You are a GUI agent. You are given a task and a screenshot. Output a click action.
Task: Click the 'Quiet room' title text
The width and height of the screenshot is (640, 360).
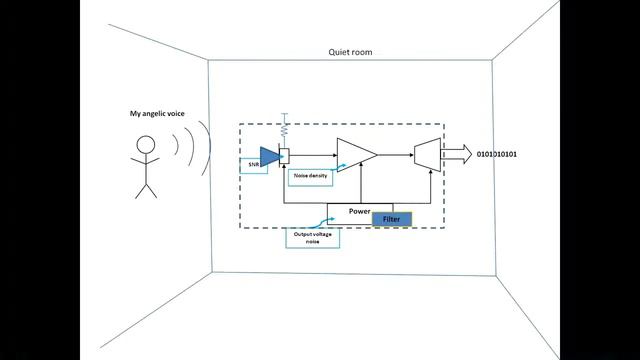[x=350, y=52]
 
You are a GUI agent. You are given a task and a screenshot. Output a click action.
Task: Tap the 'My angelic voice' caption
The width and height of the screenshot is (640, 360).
[x=158, y=115]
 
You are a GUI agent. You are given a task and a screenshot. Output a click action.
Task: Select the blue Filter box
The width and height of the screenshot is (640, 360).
[x=391, y=220]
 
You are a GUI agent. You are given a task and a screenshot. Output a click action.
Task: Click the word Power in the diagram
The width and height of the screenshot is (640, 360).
[x=360, y=211]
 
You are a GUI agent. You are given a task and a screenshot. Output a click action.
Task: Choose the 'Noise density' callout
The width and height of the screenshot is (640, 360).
[x=308, y=177]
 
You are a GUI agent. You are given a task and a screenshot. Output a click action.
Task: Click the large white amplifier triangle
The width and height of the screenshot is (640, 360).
[x=354, y=155]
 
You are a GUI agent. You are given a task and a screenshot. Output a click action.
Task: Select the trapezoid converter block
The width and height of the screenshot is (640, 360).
[x=427, y=155]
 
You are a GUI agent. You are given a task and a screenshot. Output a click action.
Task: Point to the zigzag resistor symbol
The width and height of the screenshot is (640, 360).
[x=284, y=129]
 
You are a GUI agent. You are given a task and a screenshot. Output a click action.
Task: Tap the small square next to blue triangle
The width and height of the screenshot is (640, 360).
[x=284, y=155]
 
